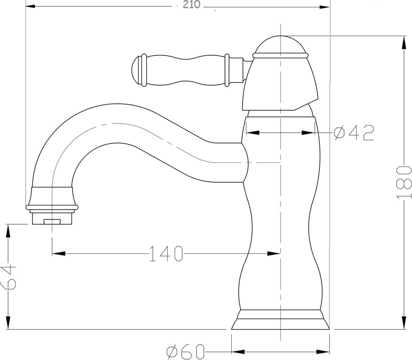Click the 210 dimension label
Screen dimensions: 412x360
tap(191, 4)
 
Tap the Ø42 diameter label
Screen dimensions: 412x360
tap(354, 133)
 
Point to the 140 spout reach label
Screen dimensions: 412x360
tap(166, 253)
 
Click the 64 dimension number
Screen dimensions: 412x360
tap(9, 277)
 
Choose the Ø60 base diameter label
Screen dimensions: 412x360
tap(185, 351)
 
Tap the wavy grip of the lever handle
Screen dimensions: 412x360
tap(185, 70)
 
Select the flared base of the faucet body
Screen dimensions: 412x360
tap(280, 319)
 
